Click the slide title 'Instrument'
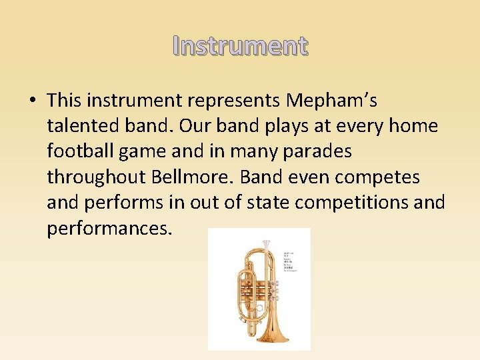coord(240,46)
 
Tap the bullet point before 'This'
coord(32,101)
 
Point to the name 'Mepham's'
coord(331,101)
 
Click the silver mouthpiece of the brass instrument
coord(266,246)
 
